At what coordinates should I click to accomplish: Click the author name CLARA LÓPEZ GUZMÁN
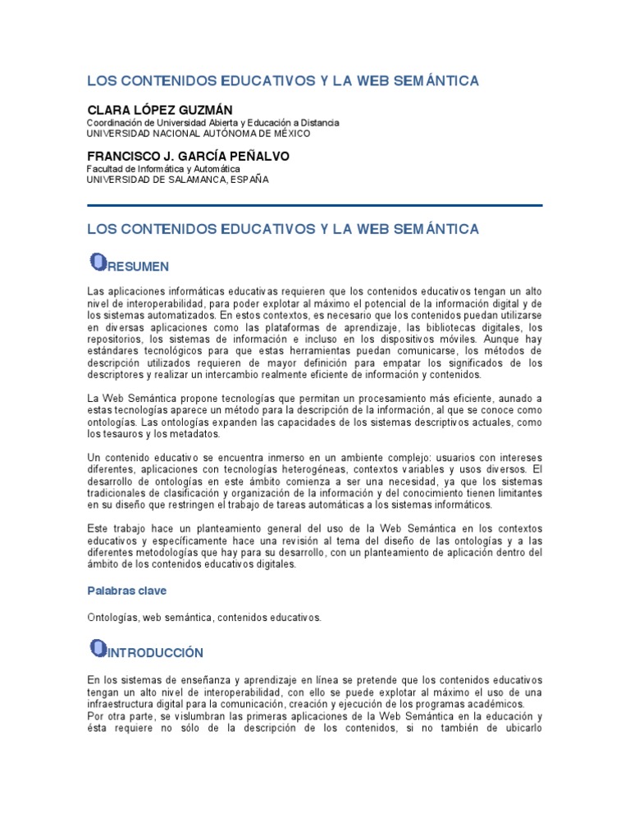click(159, 109)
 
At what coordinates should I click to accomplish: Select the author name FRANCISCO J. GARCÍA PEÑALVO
click(188, 156)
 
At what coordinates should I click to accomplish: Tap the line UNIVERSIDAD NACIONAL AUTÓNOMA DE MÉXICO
click(199, 133)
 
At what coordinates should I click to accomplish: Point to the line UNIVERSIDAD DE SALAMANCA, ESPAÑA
click(177, 180)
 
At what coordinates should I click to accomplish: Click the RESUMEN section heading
click(139, 267)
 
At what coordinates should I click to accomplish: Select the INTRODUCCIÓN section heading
click(156, 653)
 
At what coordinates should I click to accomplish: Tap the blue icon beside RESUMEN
click(98, 262)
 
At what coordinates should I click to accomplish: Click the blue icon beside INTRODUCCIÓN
click(98, 649)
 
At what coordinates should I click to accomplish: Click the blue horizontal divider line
click(314, 206)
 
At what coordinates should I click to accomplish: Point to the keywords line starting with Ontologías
click(204, 617)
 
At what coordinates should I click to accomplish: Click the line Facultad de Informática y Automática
click(157, 169)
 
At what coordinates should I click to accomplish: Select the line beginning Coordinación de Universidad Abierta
click(212, 122)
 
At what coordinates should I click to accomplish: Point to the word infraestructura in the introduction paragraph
click(126, 704)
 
